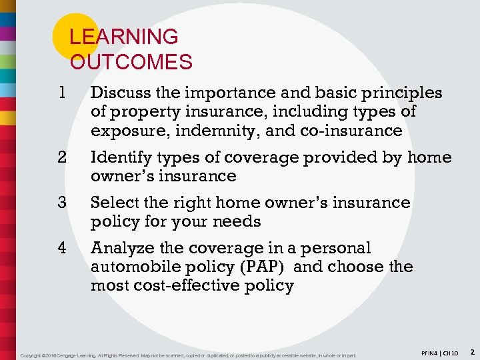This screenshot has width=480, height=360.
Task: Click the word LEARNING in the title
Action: (124, 37)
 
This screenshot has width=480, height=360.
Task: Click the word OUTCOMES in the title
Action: (131, 63)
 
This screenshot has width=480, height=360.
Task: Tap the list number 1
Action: (62, 93)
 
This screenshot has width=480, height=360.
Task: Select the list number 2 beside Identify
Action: (62, 157)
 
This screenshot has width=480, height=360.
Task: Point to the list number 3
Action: (62, 202)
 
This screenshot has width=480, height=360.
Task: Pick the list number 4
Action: (62, 248)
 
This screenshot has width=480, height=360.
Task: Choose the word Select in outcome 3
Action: (113, 202)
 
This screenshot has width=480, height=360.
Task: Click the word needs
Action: (241, 221)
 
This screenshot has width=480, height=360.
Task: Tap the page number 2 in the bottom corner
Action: (471, 351)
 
